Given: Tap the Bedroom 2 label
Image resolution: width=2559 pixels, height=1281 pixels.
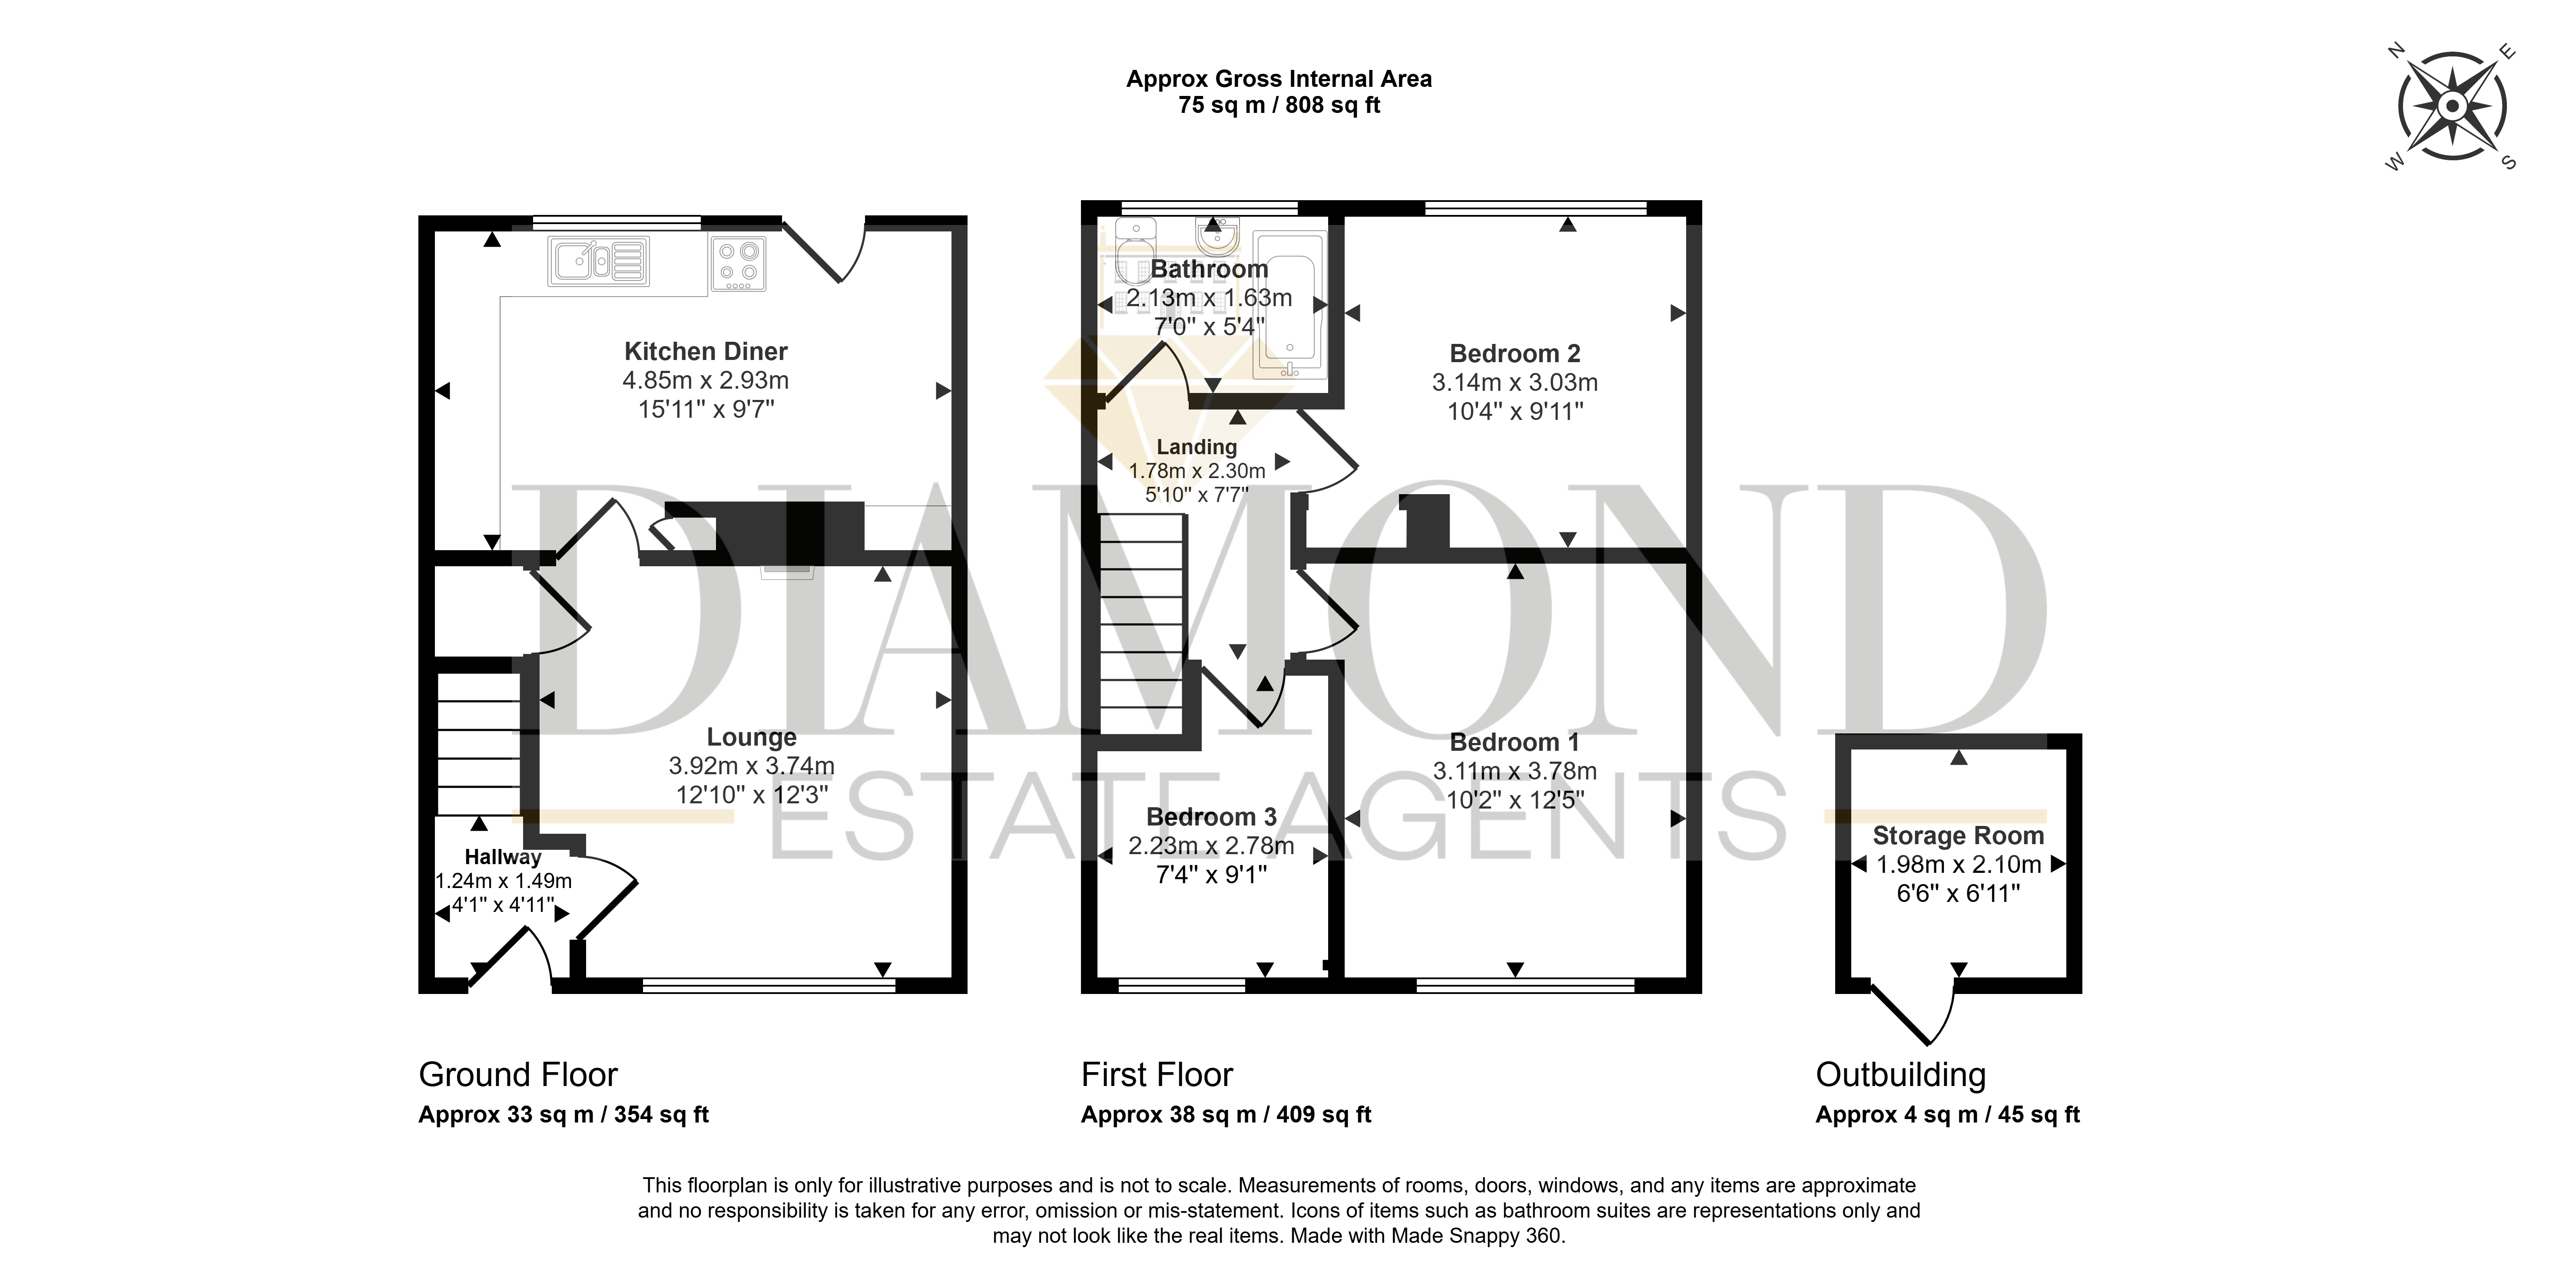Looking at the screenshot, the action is click(x=1515, y=353).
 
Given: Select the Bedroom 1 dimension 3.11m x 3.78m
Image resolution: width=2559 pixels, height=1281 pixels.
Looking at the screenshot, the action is click(x=1515, y=771).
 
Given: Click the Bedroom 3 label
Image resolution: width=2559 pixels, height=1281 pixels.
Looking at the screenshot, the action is click(x=1211, y=817).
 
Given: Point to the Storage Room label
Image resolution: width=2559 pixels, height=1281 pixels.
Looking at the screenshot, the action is click(x=1958, y=836).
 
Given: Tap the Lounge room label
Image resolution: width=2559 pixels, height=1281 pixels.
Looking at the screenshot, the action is click(x=751, y=737).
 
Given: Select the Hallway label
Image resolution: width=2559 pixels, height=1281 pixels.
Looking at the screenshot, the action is click(x=503, y=857).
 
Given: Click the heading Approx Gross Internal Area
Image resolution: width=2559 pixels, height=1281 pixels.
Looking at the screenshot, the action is click(x=1279, y=79).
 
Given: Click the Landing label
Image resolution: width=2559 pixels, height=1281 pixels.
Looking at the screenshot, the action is click(x=1197, y=447).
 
